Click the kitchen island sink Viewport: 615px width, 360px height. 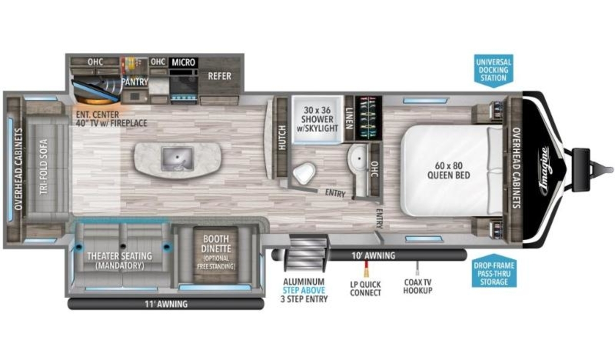tap(178, 158)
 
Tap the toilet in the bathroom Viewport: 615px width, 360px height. tap(304, 173)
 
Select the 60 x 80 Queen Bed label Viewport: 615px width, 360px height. tap(448, 170)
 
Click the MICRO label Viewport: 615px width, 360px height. tap(183, 63)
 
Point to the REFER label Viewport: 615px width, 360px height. tap(219, 76)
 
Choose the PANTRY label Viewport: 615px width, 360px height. tap(134, 82)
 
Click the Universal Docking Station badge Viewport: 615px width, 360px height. tap(494, 70)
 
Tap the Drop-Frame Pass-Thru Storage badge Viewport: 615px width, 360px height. tap(494, 271)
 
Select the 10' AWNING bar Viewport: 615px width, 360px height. tap(370, 255)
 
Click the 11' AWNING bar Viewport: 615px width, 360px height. tap(166, 304)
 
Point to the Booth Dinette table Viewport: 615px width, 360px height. tap(216, 255)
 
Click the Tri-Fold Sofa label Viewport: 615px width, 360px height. tap(44, 167)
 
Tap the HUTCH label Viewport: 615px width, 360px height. tap(282, 137)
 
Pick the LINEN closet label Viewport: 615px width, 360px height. tap(349, 118)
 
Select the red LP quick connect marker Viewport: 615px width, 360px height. tap(366, 269)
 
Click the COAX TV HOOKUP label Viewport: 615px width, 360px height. tap(418, 286)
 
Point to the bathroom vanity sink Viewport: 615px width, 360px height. tap(359, 158)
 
